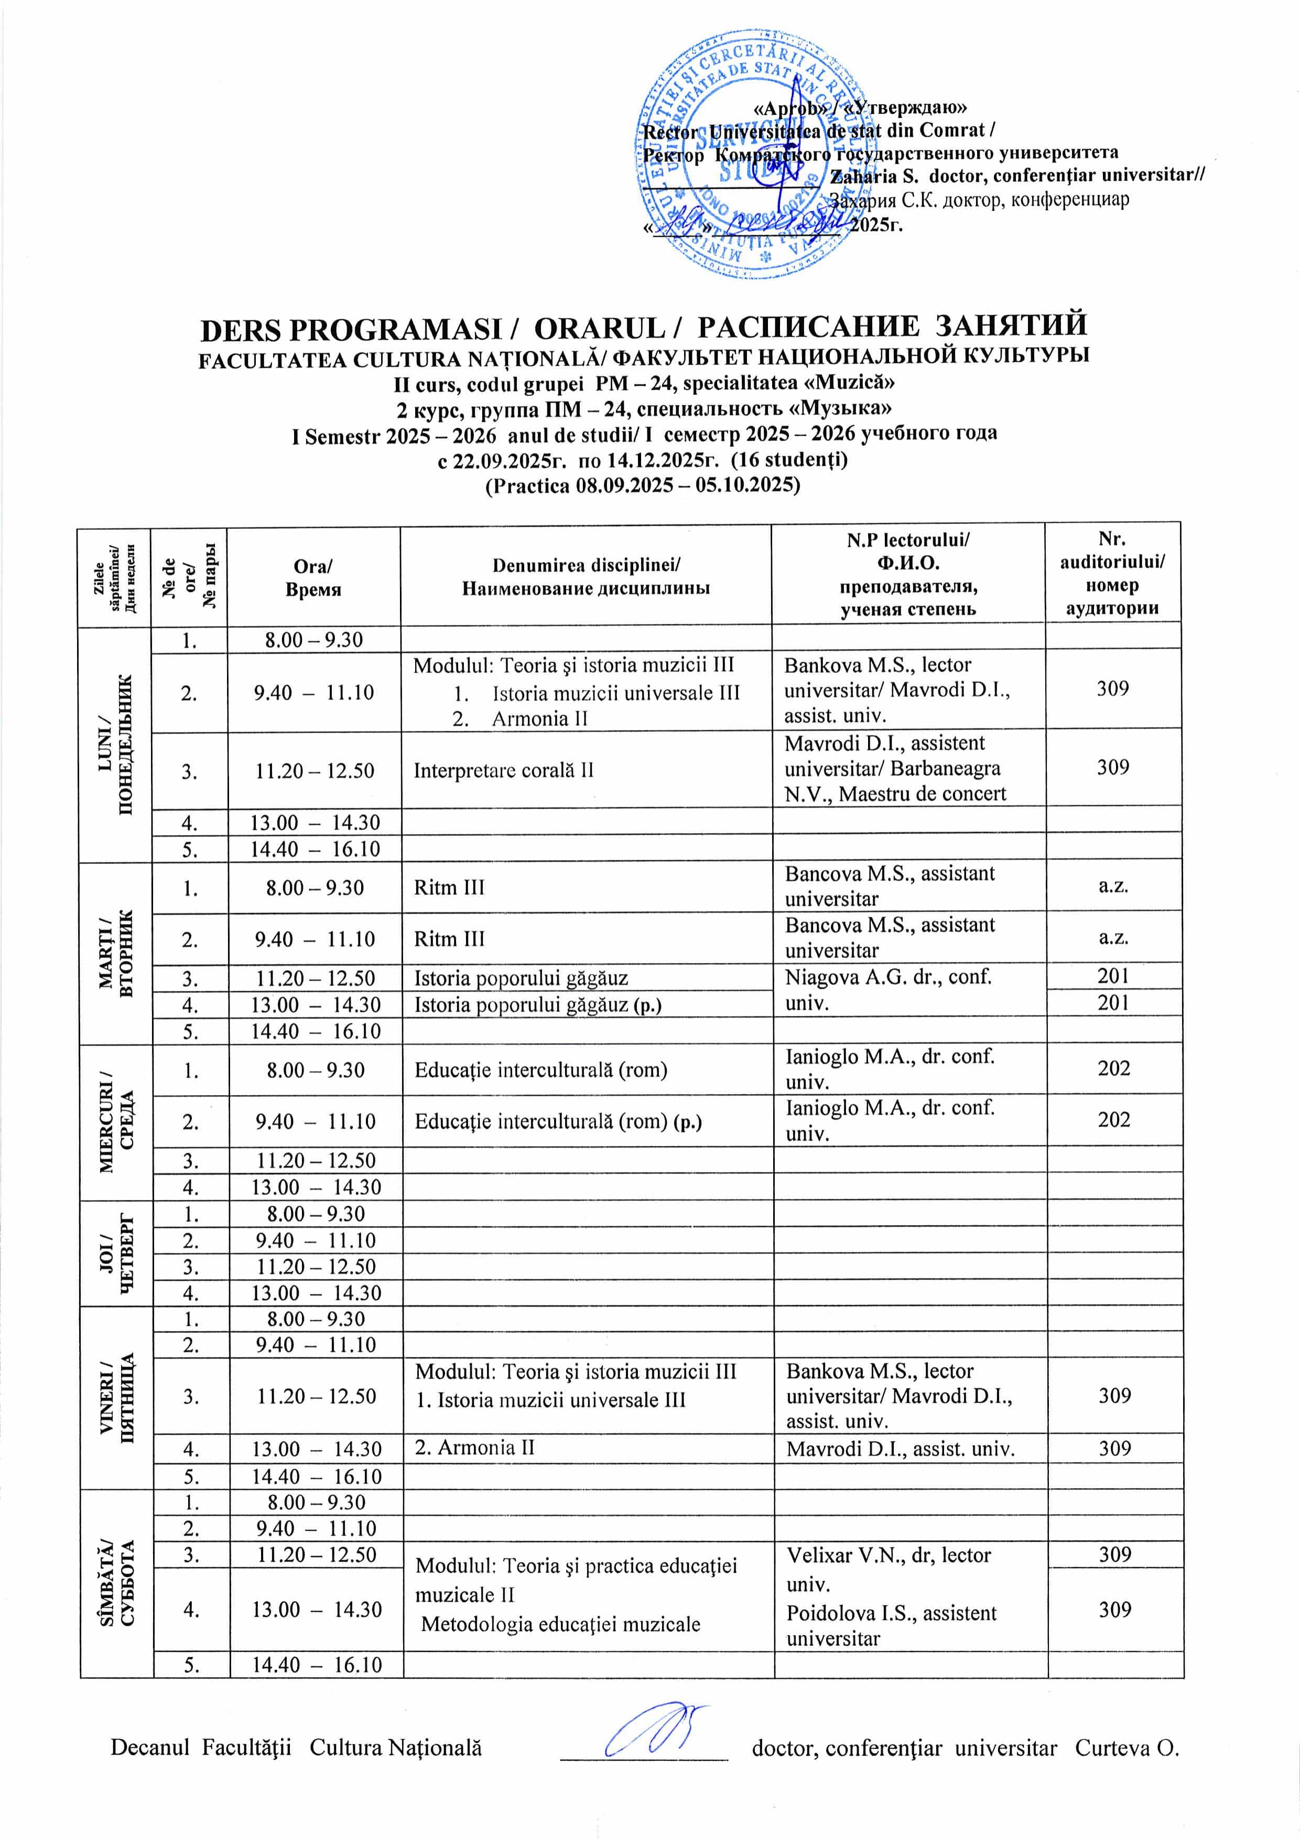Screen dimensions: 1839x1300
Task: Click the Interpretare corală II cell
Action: (x=503, y=771)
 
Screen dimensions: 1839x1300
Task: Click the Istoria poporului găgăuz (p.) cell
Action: (x=537, y=1004)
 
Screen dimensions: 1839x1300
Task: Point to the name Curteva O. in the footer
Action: (x=1126, y=1747)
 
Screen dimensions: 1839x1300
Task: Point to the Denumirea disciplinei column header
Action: (x=586, y=577)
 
